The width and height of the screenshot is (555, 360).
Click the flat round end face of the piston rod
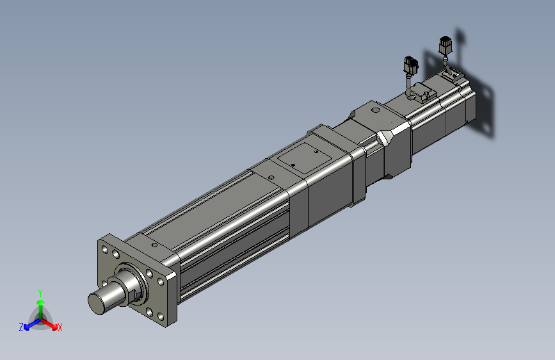click(97, 303)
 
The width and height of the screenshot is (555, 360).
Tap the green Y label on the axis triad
click(40, 293)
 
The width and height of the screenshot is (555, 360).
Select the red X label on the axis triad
click(60, 328)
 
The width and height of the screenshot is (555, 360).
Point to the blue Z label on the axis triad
click(21, 327)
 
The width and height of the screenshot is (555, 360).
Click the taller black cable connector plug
click(446, 45)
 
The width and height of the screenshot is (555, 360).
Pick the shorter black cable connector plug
click(410, 65)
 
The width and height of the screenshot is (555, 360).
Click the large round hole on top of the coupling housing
click(376, 110)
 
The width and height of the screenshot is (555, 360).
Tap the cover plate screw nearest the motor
click(316, 152)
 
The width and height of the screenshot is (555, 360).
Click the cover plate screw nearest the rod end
click(293, 165)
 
